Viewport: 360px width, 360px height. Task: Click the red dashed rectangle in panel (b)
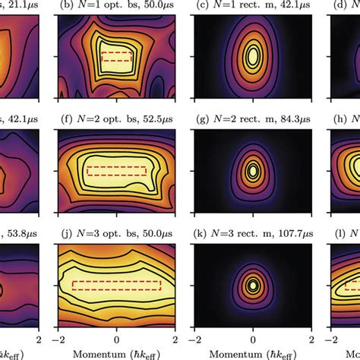117,56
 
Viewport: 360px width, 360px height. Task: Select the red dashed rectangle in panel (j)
117,286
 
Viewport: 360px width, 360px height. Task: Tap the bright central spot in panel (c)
253,56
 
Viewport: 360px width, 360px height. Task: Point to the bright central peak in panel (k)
253,286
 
